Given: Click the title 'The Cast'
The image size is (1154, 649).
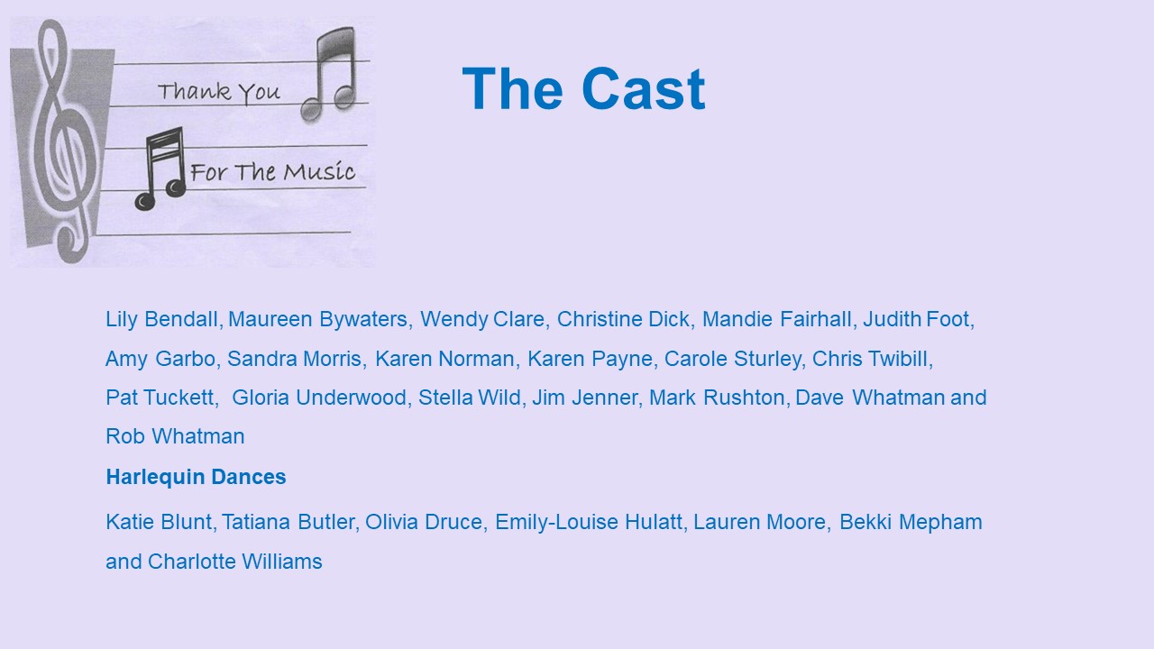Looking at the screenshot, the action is click(583, 88).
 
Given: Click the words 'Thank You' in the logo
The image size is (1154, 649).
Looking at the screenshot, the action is click(219, 93).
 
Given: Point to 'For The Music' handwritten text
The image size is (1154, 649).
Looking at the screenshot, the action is click(272, 171).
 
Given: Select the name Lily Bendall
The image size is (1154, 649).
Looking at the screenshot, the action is click(161, 319).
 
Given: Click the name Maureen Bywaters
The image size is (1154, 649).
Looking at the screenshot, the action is click(318, 319).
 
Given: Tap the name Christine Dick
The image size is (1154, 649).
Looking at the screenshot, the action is click(623, 319).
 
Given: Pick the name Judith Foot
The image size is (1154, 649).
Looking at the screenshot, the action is click(917, 319).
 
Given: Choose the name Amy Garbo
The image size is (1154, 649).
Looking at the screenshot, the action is click(160, 359).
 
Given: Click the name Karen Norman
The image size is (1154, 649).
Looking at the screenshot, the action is click(444, 359).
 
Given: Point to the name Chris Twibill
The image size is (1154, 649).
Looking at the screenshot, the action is click(870, 359).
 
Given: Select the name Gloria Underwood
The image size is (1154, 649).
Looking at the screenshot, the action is click(319, 398).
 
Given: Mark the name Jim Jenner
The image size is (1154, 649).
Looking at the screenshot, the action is click(585, 398).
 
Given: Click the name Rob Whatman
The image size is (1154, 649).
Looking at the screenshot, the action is click(175, 436).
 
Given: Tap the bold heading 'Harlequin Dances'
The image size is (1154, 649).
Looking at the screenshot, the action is click(196, 477).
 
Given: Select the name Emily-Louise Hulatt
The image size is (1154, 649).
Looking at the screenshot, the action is click(589, 522).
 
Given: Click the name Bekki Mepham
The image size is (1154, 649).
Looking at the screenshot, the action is click(911, 522).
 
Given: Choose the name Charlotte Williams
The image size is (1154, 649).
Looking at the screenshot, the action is click(235, 562).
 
